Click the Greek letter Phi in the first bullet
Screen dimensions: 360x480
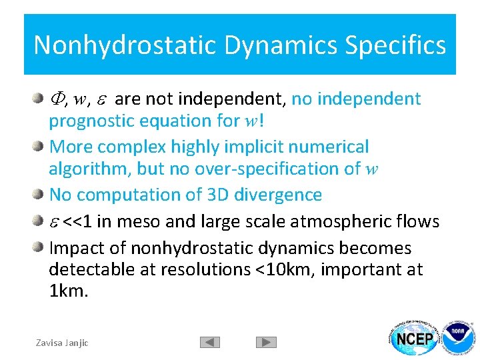click(x=57, y=99)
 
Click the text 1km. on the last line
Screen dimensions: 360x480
click(x=69, y=291)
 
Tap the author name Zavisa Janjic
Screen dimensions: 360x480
click(x=62, y=343)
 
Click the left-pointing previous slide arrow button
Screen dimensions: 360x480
click(x=209, y=342)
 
